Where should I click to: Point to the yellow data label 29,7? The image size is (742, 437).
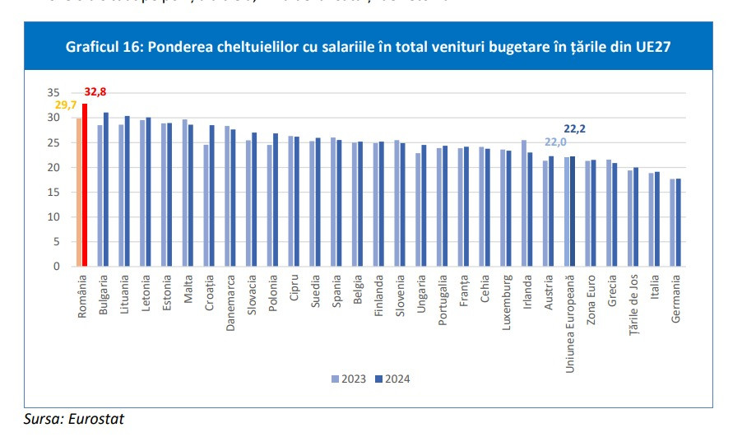pyautogui.click(x=66, y=105)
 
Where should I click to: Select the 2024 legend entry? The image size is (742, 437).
pyautogui.click(x=393, y=379)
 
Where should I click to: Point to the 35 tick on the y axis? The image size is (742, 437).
pyautogui.click(x=53, y=93)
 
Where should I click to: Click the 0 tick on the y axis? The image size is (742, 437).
pyautogui.click(x=57, y=267)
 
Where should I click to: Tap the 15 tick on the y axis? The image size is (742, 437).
pyautogui.click(x=53, y=192)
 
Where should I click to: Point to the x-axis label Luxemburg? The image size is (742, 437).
pyautogui.click(x=505, y=305)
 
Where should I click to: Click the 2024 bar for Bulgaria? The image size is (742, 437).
pyautogui.click(x=106, y=189)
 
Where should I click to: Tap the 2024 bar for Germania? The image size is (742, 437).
pyautogui.click(x=679, y=222)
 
